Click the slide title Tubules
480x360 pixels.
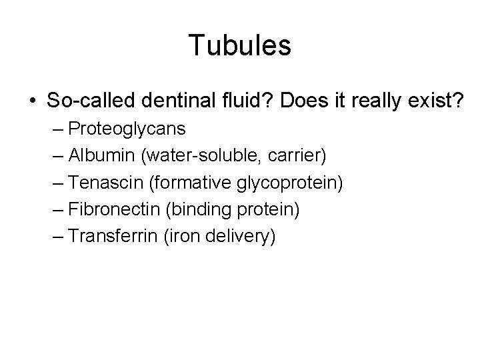[x=240, y=46]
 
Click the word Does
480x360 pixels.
[x=303, y=101]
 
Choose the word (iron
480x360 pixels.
[x=180, y=237]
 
